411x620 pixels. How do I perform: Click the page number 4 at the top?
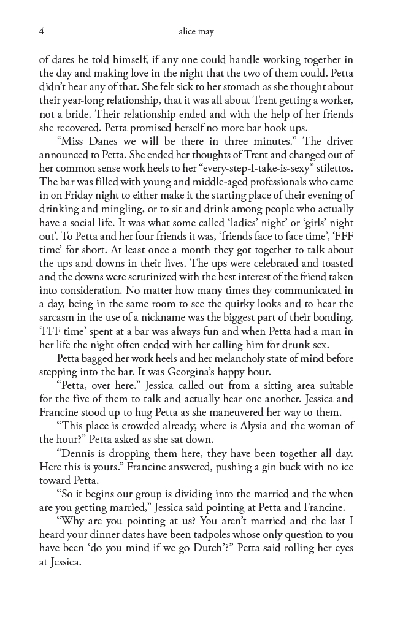[x=41, y=31]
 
